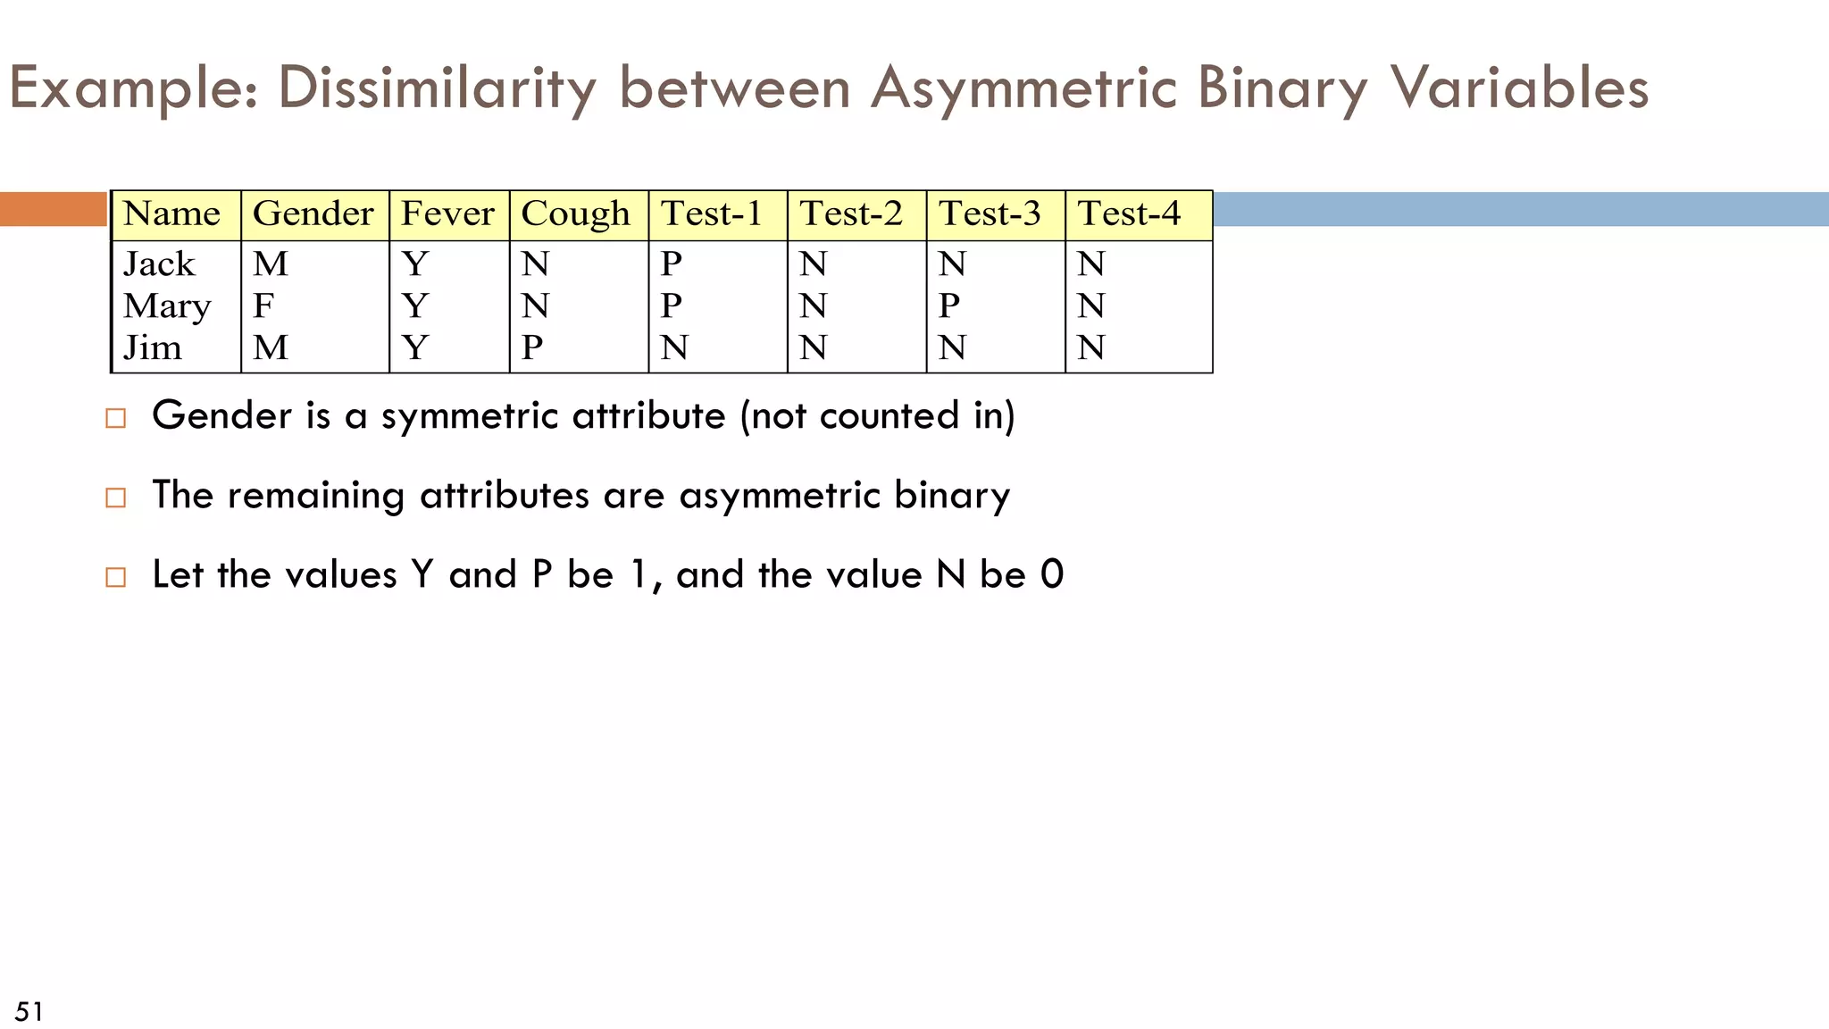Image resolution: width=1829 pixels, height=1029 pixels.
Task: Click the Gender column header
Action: click(313, 214)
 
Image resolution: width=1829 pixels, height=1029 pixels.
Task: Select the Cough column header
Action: click(575, 214)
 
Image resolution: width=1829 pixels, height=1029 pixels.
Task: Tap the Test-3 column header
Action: click(990, 214)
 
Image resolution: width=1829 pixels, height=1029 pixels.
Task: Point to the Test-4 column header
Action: click(1129, 214)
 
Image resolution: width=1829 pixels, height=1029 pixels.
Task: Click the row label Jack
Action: click(159, 264)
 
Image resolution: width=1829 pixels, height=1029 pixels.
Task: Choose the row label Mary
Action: click(167, 306)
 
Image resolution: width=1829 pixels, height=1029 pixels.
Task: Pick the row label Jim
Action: click(153, 347)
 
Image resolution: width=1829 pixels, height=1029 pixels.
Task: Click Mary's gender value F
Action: click(263, 306)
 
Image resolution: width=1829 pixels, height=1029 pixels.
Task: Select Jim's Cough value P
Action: click(532, 347)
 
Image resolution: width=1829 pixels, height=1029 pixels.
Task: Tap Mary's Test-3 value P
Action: click(949, 306)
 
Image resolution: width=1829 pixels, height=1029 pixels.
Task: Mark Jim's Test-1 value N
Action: click(674, 347)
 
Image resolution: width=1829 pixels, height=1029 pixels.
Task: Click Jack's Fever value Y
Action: click(415, 264)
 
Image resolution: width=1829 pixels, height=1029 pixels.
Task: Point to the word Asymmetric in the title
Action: click(1023, 88)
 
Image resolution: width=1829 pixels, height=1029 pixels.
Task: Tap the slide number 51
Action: click(29, 1011)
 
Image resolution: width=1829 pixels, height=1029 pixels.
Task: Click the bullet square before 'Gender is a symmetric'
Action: click(115, 418)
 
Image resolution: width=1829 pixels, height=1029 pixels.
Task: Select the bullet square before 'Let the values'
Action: click(115, 577)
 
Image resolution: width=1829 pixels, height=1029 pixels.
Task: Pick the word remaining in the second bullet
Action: click(316, 496)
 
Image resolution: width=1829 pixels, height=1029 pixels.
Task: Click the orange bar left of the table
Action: click(54, 209)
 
